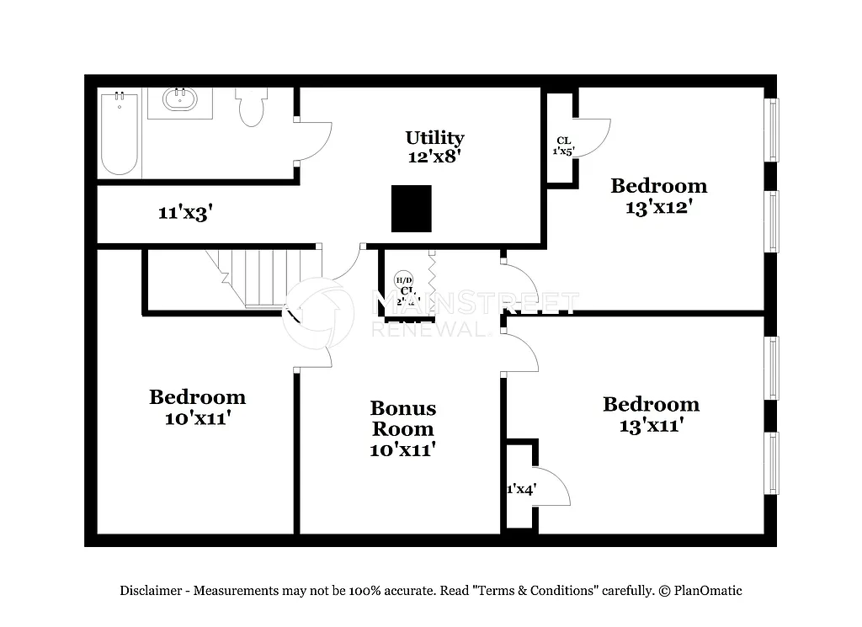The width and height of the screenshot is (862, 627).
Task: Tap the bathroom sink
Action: coord(179,100)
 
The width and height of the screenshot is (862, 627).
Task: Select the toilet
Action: coord(251,107)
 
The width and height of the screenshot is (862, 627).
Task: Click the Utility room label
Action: coord(434,137)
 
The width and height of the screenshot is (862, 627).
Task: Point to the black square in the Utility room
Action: coord(412,208)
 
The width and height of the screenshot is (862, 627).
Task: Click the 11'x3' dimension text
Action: coord(184,213)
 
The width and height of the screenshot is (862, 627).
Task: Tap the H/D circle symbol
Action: coord(404,279)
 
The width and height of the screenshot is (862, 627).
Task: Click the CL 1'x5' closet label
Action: coord(563,146)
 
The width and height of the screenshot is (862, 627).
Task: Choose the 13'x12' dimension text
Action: coord(658,207)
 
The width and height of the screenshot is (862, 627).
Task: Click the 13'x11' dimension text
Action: coord(651,426)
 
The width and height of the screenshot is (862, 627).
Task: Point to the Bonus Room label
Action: coord(403,418)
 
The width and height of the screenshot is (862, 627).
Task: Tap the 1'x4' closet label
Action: coord(521,489)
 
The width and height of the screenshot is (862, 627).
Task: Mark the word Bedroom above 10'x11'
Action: coord(198,396)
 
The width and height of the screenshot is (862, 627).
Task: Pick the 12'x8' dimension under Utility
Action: coord(434,156)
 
